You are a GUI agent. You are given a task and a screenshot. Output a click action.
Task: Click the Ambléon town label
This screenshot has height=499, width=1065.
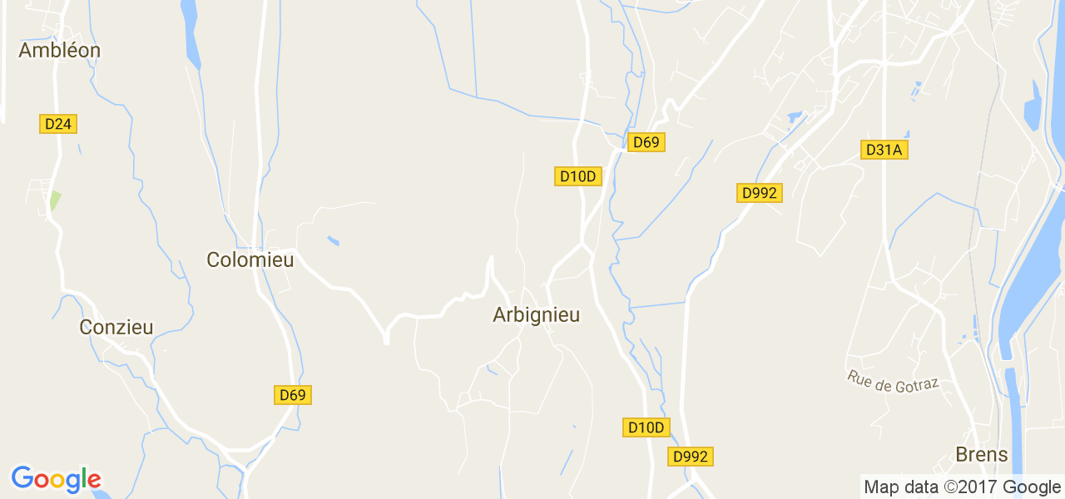pyautogui.click(x=59, y=51)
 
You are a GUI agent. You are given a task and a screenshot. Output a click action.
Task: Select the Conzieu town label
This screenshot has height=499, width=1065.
pyautogui.click(x=116, y=328)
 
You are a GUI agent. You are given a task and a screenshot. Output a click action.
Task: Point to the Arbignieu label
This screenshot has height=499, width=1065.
pyautogui.click(x=536, y=315)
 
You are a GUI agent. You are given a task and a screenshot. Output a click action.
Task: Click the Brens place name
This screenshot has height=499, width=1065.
pyautogui.click(x=982, y=455)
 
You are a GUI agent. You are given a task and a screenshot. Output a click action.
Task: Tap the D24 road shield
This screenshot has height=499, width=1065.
pyautogui.click(x=58, y=124)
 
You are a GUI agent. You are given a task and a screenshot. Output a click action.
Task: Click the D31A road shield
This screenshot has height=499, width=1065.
pyautogui.click(x=884, y=150)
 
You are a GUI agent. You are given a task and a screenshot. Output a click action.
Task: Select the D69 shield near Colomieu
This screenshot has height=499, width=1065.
pyautogui.click(x=293, y=395)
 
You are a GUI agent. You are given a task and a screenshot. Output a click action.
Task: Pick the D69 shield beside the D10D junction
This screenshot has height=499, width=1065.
pyautogui.click(x=646, y=142)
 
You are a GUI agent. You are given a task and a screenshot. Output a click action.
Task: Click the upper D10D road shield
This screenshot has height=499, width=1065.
pyautogui.click(x=578, y=176)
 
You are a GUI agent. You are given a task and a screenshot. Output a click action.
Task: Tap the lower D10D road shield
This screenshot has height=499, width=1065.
pyautogui.click(x=646, y=427)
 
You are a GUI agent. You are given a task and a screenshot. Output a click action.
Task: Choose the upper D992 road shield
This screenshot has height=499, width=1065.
pyautogui.click(x=759, y=193)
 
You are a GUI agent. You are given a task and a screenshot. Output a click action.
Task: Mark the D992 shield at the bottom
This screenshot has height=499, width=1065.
pyautogui.click(x=691, y=457)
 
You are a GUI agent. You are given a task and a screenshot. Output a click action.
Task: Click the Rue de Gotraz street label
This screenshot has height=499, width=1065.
pyautogui.click(x=894, y=381)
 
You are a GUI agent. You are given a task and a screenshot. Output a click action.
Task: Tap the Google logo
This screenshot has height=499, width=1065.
pyautogui.click(x=57, y=479)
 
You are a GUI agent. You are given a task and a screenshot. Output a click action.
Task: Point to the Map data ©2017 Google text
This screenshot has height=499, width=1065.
pyautogui.click(x=962, y=487)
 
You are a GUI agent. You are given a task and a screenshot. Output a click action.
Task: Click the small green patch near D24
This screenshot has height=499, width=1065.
pyautogui.click(x=55, y=200)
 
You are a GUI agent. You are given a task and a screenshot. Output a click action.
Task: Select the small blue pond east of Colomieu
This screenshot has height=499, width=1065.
pyautogui.click(x=334, y=241)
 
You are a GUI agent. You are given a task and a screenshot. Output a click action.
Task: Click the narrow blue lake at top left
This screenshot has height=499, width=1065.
pyautogui.click(x=191, y=33)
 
